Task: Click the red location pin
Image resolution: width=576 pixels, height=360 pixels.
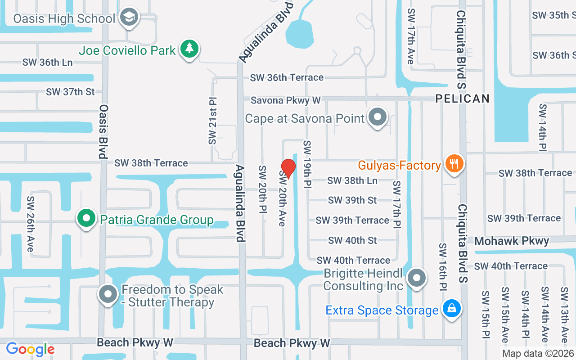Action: click(288, 168)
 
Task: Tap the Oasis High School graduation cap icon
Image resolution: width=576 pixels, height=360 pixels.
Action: click(130, 18)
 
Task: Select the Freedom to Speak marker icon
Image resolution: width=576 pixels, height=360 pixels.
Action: click(108, 295)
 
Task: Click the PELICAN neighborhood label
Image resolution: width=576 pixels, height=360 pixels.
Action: click(462, 99)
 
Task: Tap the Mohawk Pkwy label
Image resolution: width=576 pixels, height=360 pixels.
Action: click(512, 241)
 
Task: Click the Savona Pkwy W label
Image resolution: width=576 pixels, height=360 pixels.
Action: click(286, 100)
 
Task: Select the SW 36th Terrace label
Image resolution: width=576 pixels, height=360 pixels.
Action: click(287, 77)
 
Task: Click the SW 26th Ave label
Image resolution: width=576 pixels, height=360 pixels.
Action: click(31, 224)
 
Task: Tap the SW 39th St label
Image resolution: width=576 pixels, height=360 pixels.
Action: click(352, 200)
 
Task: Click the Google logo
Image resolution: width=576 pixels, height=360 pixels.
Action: click(30, 349)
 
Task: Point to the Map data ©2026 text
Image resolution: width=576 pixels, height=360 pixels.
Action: click(538, 353)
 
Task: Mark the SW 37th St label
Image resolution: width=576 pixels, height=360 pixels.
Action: click(70, 92)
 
